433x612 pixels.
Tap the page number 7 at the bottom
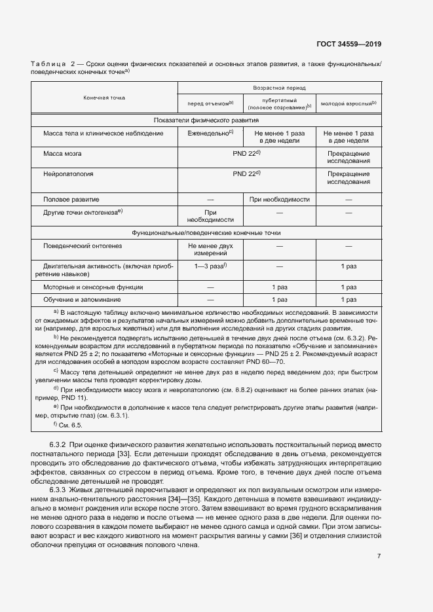379,557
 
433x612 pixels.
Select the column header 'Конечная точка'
104,97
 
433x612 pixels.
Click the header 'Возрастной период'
280,87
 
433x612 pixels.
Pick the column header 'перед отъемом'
210,103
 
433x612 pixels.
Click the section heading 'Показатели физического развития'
206,120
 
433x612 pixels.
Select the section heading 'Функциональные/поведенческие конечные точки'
206,232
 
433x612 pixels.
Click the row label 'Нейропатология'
68,175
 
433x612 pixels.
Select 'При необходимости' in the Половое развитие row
280,199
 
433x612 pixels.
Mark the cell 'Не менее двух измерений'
210,251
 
